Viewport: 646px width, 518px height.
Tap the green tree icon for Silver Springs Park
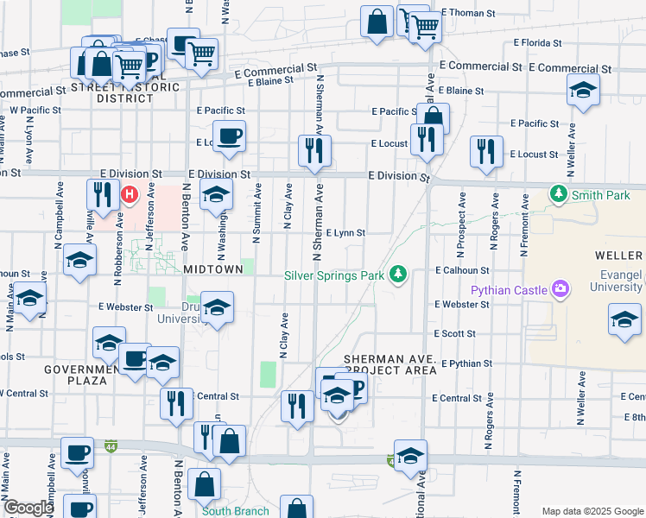click(398, 274)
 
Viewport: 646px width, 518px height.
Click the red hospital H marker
click(130, 194)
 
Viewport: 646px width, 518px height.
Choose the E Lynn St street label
click(345, 233)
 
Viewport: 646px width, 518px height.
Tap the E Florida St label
click(538, 42)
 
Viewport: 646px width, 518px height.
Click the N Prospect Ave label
click(463, 222)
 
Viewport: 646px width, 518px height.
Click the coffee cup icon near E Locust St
click(230, 136)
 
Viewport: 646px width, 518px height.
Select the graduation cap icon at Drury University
click(218, 307)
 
